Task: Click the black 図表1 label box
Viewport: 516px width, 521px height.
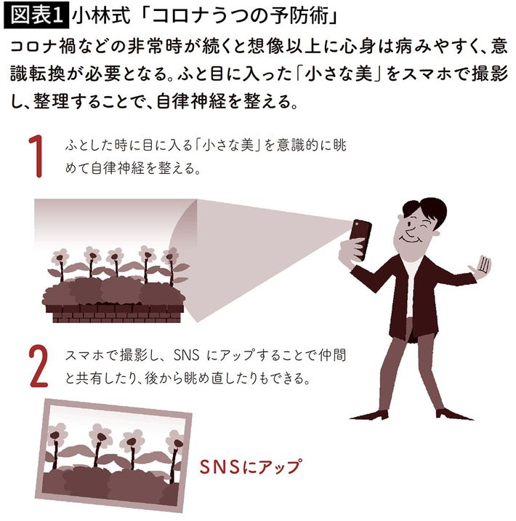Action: pos(36,15)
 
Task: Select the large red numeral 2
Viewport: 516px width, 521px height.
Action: pos(39,365)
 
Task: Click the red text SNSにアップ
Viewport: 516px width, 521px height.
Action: pos(251,467)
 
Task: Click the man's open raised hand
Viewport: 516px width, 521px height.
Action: pos(480,266)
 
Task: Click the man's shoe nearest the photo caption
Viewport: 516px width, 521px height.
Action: pos(369,415)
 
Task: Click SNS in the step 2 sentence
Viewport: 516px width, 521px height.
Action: pos(187,356)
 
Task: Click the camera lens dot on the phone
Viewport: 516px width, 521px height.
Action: pos(355,223)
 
